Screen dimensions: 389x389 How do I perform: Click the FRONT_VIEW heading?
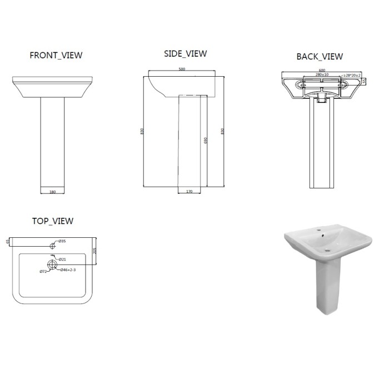(56, 55)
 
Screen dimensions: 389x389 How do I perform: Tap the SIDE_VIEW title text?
(185, 53)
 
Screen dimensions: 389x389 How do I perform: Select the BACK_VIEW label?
(320, 56)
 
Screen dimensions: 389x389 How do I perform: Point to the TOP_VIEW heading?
(53, 221)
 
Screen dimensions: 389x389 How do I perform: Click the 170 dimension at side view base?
(189, 192)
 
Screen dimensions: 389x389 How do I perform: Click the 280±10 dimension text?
(321, 74)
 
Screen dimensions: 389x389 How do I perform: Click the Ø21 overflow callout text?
(63, 258)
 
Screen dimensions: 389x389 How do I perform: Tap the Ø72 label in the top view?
(43, 272)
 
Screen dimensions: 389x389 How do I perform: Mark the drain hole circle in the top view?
(52, 264)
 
